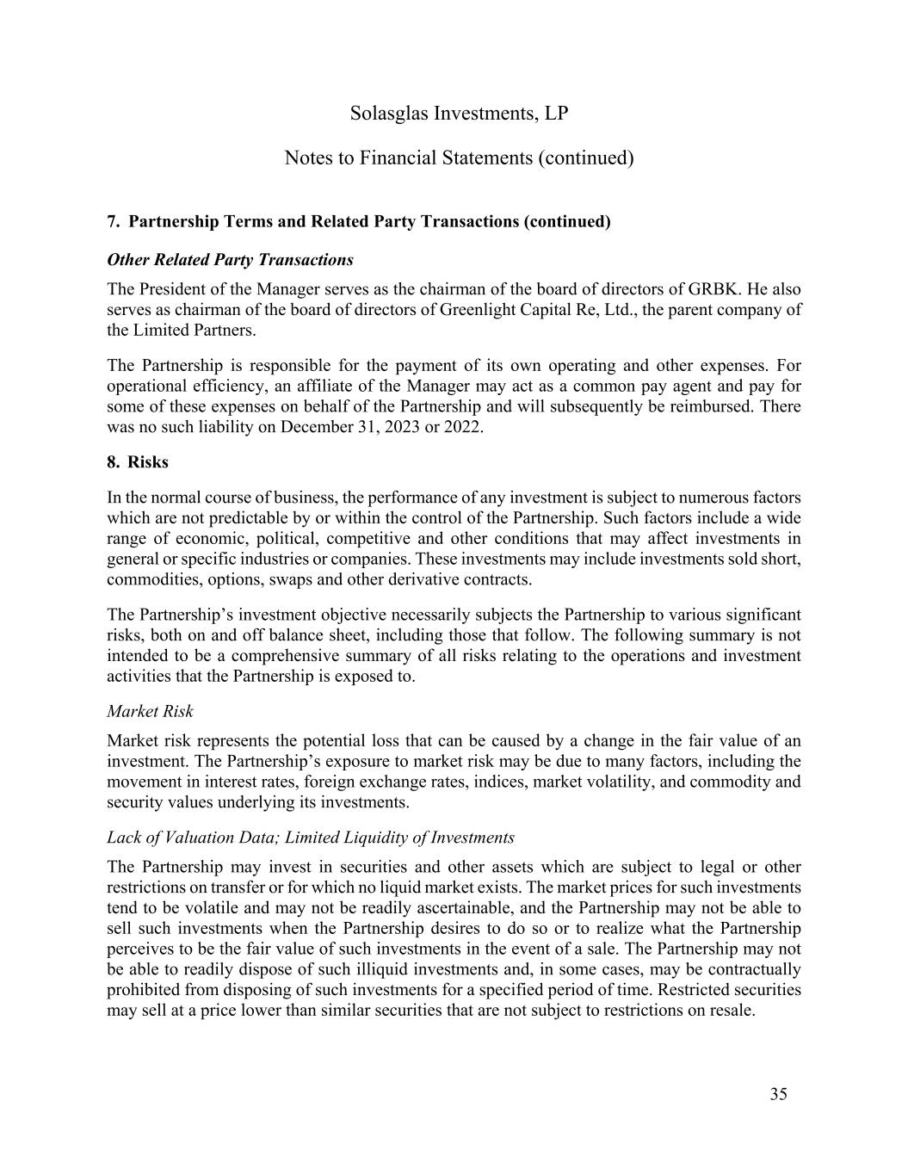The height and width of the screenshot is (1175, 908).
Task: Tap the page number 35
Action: [x=778, y=1094]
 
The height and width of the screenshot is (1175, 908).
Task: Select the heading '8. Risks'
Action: [x=138, y=462]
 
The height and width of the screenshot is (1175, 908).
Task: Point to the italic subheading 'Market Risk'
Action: [x=150, y=711]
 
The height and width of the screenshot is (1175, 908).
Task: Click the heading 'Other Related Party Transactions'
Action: [x=230, y=260]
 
